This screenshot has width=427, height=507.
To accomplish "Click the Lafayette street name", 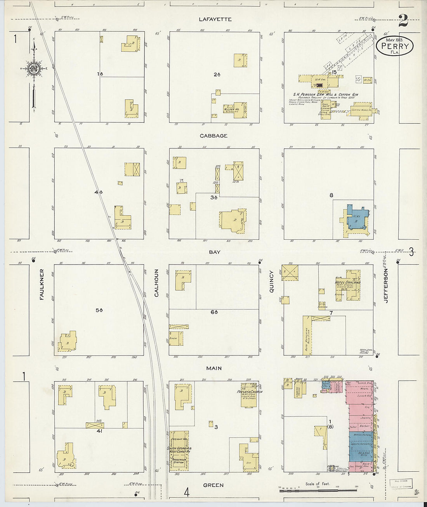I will [215, 19].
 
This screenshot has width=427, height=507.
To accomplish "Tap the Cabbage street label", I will [213, 136].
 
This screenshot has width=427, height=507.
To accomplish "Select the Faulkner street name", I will [42, 284].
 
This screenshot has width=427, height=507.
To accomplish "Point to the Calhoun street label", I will [157, 283].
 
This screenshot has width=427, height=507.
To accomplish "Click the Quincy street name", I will [271, 282].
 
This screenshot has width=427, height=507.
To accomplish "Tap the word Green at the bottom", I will [213, 485].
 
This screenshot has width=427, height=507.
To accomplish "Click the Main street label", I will [214, 368].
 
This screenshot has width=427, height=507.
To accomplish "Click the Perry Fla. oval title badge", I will [395, 46].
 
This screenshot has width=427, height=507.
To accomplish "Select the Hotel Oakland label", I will [348, 282].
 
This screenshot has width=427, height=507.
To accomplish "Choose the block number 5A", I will [99, 310].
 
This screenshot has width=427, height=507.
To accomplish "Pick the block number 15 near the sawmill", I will [333, 72].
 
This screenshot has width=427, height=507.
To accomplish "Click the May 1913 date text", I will [394, 40].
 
